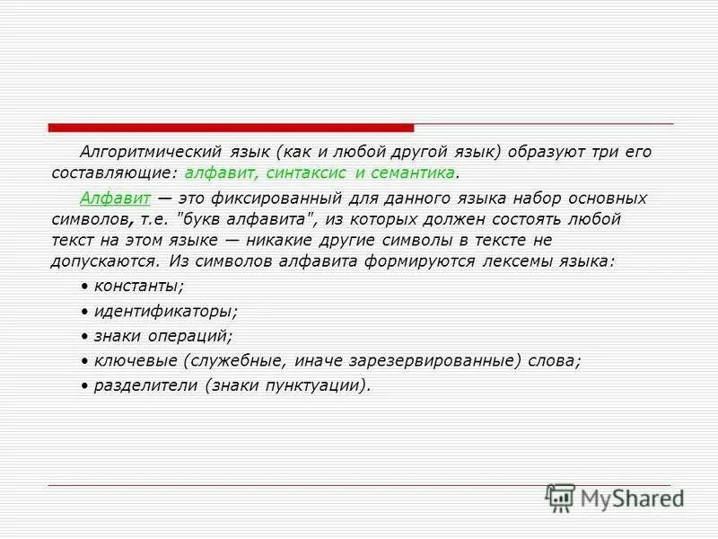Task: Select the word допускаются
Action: (105, 261)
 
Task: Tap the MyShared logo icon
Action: (559, 497)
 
